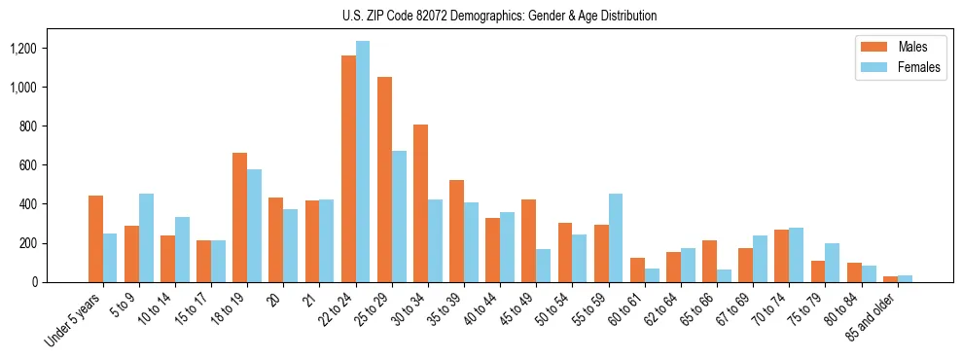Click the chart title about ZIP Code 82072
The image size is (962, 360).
(499, 16)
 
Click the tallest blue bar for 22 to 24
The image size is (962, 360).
(363, 162)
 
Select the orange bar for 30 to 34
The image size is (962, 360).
(420, 203)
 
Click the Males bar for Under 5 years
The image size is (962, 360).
(95, 239)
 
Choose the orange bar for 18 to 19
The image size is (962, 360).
(240, 218)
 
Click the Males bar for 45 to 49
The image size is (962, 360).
(528, 241)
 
